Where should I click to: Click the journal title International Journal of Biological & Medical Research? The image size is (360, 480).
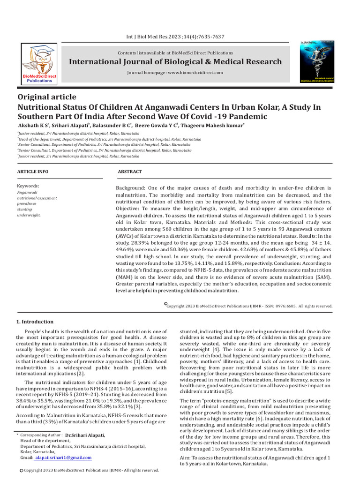175,62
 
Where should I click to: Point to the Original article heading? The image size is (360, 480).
46,97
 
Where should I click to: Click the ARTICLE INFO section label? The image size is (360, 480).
32,172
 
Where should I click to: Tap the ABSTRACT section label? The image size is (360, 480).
129,172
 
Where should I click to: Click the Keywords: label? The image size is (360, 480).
28,186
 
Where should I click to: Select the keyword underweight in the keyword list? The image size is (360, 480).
29,215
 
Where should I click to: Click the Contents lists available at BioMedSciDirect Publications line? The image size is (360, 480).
175,53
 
